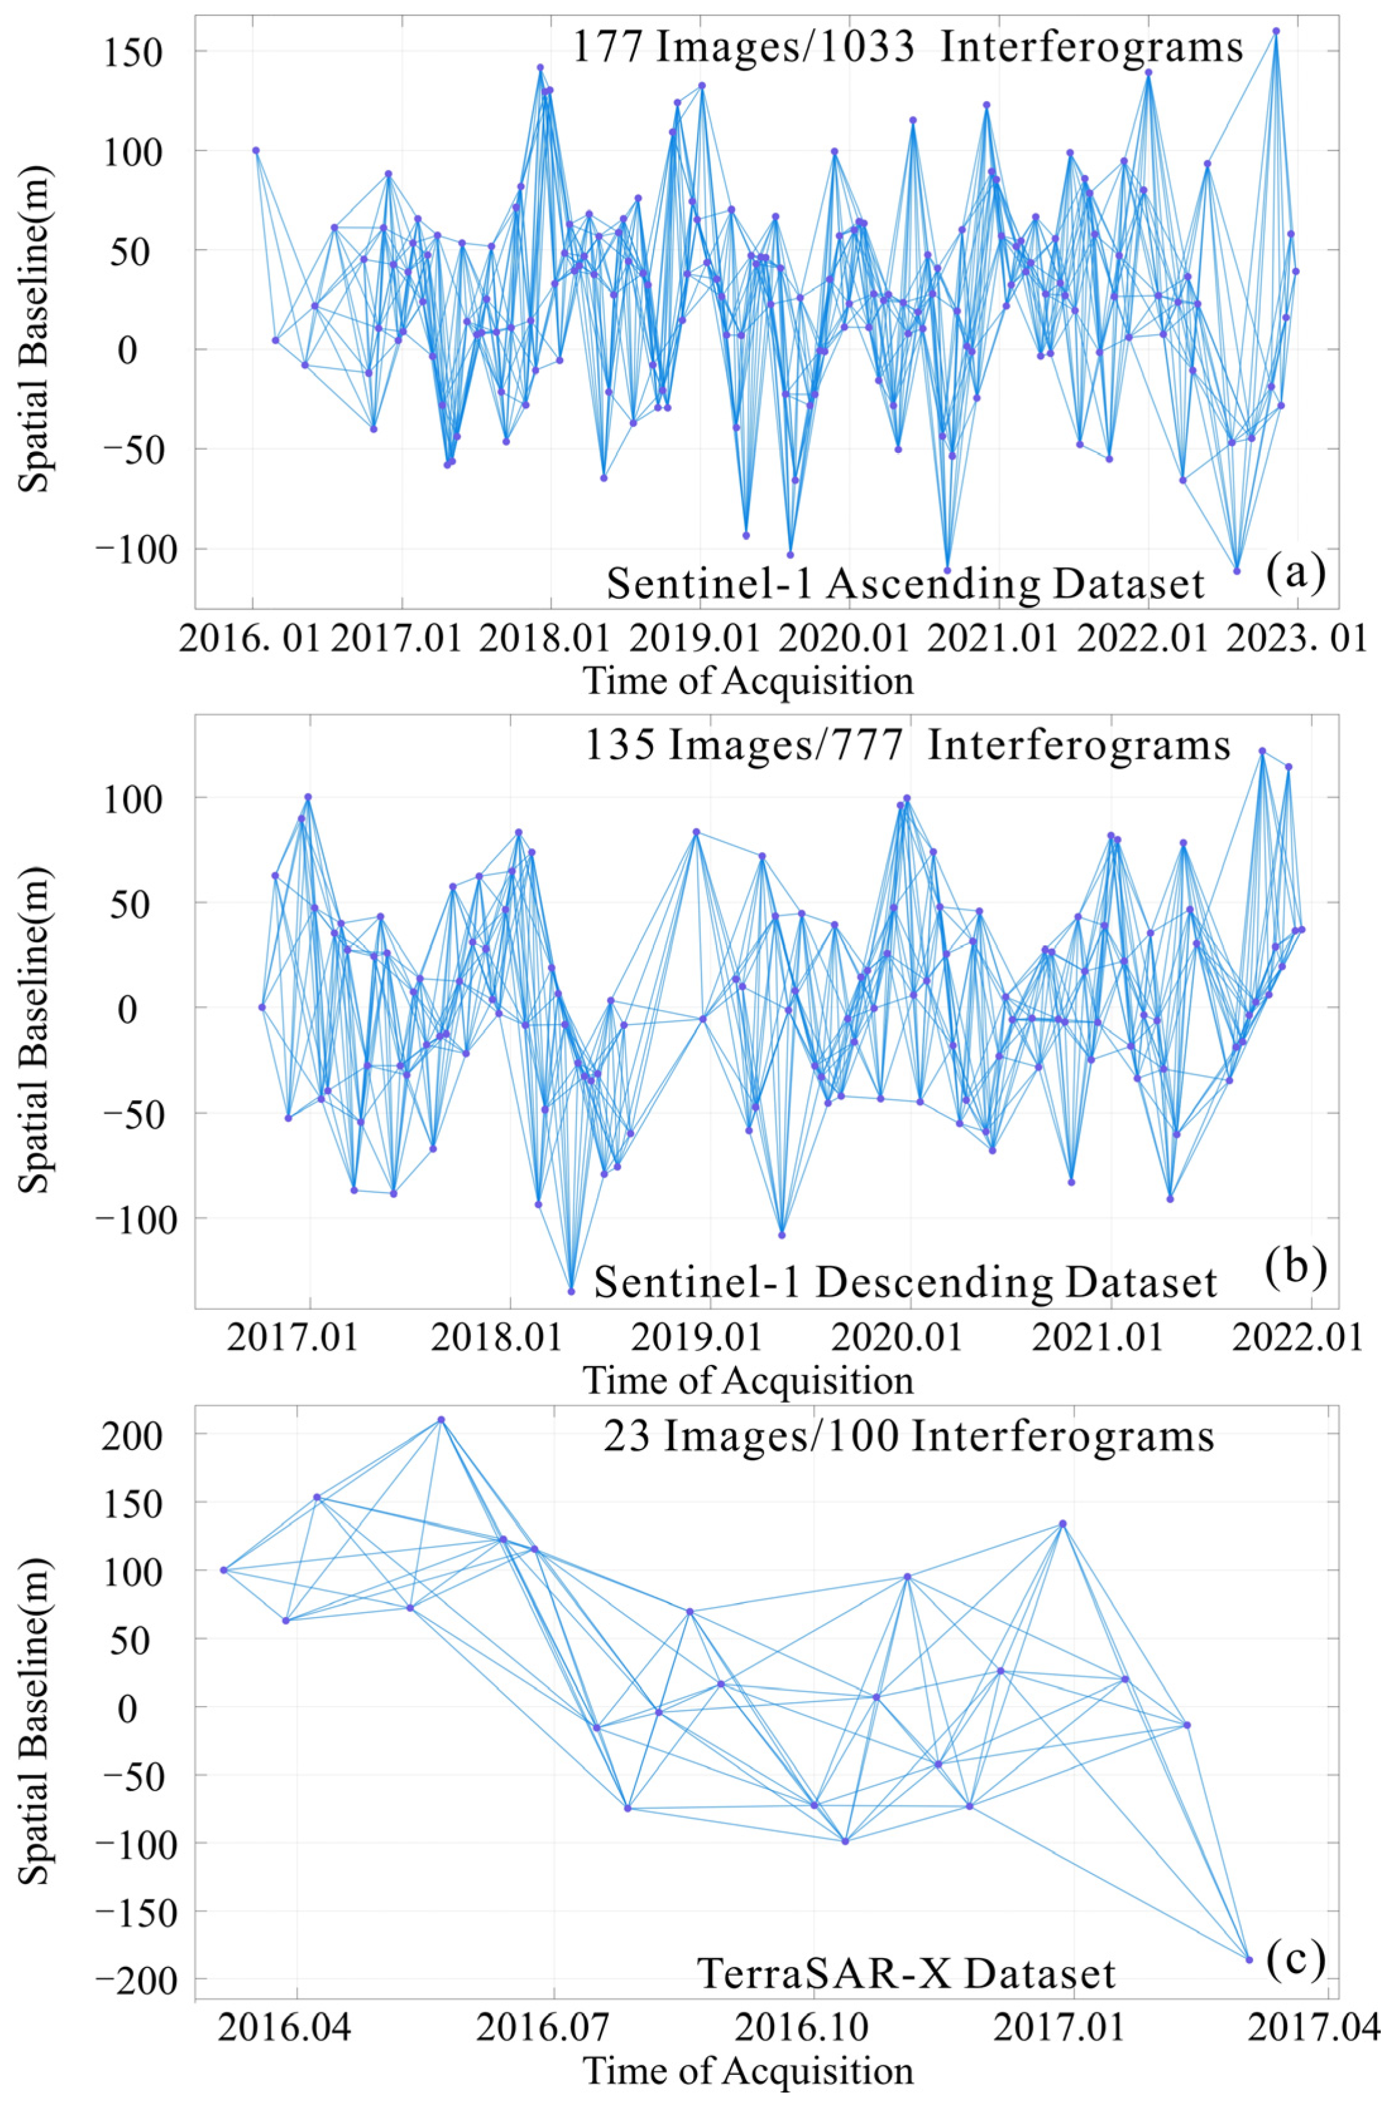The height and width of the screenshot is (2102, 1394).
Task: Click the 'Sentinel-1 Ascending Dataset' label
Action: tap(905, 585)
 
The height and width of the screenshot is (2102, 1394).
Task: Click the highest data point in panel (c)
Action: tap(440, 1420)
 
